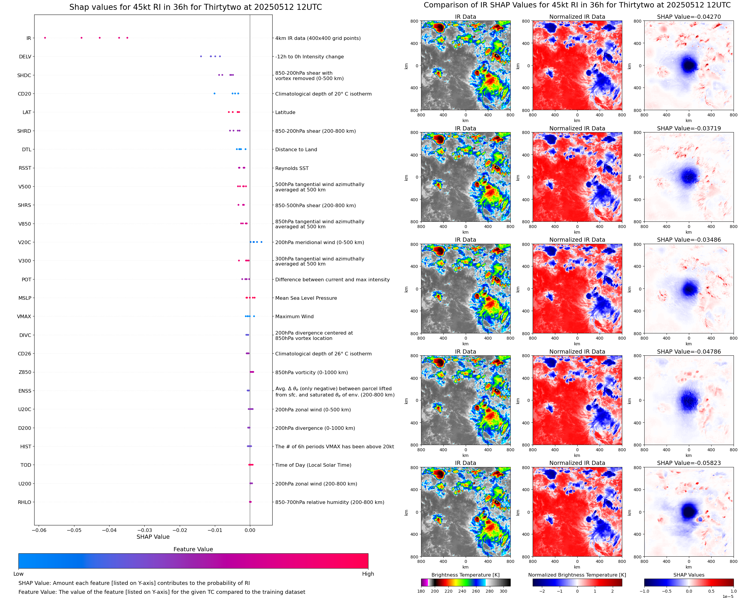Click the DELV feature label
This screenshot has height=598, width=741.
pos(25,57)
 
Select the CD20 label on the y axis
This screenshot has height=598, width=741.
pos(24,94)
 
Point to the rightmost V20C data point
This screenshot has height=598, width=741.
pos(261,242)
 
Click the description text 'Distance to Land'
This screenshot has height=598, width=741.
pos(296,149)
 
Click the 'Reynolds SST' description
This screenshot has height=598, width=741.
pos(292,168)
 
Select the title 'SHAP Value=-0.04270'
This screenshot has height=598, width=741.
pos(689,17)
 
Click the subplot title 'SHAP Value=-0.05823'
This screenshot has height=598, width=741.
pos(689,463)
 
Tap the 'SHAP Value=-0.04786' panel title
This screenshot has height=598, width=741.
pos(689,352)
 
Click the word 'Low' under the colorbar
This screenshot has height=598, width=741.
pos(18,574)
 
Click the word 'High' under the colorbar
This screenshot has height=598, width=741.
pos(368,574)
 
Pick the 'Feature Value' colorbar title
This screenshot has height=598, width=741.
pos(193,549)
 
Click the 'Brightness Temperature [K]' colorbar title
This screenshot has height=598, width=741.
pos(465,575)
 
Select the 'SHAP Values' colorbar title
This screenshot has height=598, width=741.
pos(689,575)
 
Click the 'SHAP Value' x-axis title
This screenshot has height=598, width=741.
pos(153,537)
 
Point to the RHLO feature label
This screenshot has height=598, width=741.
pos(24,502)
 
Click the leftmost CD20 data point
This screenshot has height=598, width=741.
pos(215,94)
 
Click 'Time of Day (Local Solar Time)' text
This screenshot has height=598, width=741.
pos(313,465)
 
